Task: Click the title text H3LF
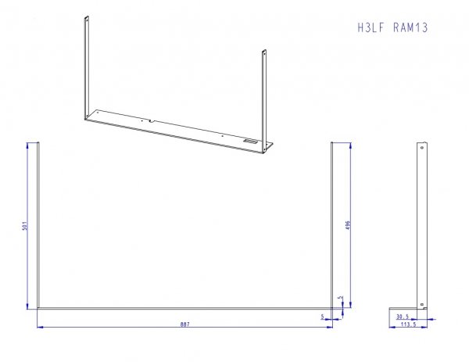(x=371, y=28)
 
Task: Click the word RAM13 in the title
(x=410, y=28)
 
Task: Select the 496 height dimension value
(x=348, y=225)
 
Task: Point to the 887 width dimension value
(x=184, y=324)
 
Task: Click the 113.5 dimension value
(x=408, y=324)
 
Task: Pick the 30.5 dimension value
(x=403, y=317)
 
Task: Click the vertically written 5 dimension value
(x=340, y=298)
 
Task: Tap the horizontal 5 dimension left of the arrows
(x=322, y=316)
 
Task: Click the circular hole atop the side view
(x=422, y=148)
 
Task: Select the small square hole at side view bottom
(x=422, y=305)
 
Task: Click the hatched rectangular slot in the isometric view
(x=250, y=142)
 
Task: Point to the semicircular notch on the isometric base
(x=152, y=121)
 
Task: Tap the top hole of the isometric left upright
(x=87, y=20)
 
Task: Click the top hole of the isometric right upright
(x=264, y=54)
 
